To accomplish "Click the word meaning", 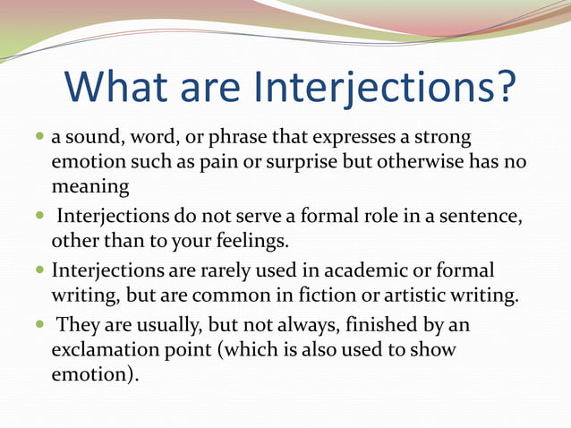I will (x=90, y=188).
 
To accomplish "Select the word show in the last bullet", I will (x=433, y=348).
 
